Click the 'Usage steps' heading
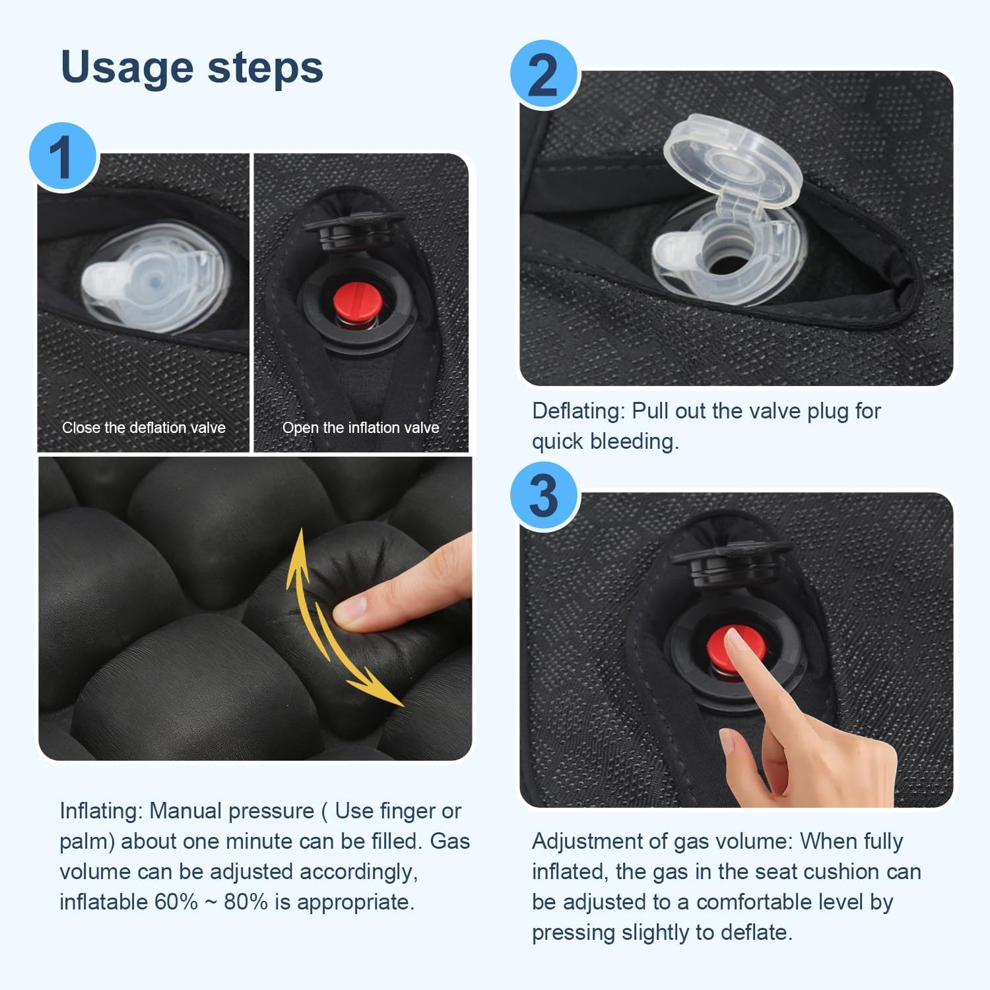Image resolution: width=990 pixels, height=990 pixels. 191,67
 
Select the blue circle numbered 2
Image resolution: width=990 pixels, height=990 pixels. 544,75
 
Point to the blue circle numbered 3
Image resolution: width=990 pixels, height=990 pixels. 544,496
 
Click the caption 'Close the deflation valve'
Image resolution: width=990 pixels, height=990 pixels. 144,428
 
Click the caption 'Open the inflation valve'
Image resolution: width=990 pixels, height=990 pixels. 360,428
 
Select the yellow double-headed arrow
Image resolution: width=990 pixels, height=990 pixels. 337,617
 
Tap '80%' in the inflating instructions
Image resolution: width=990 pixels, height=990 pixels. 246,902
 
